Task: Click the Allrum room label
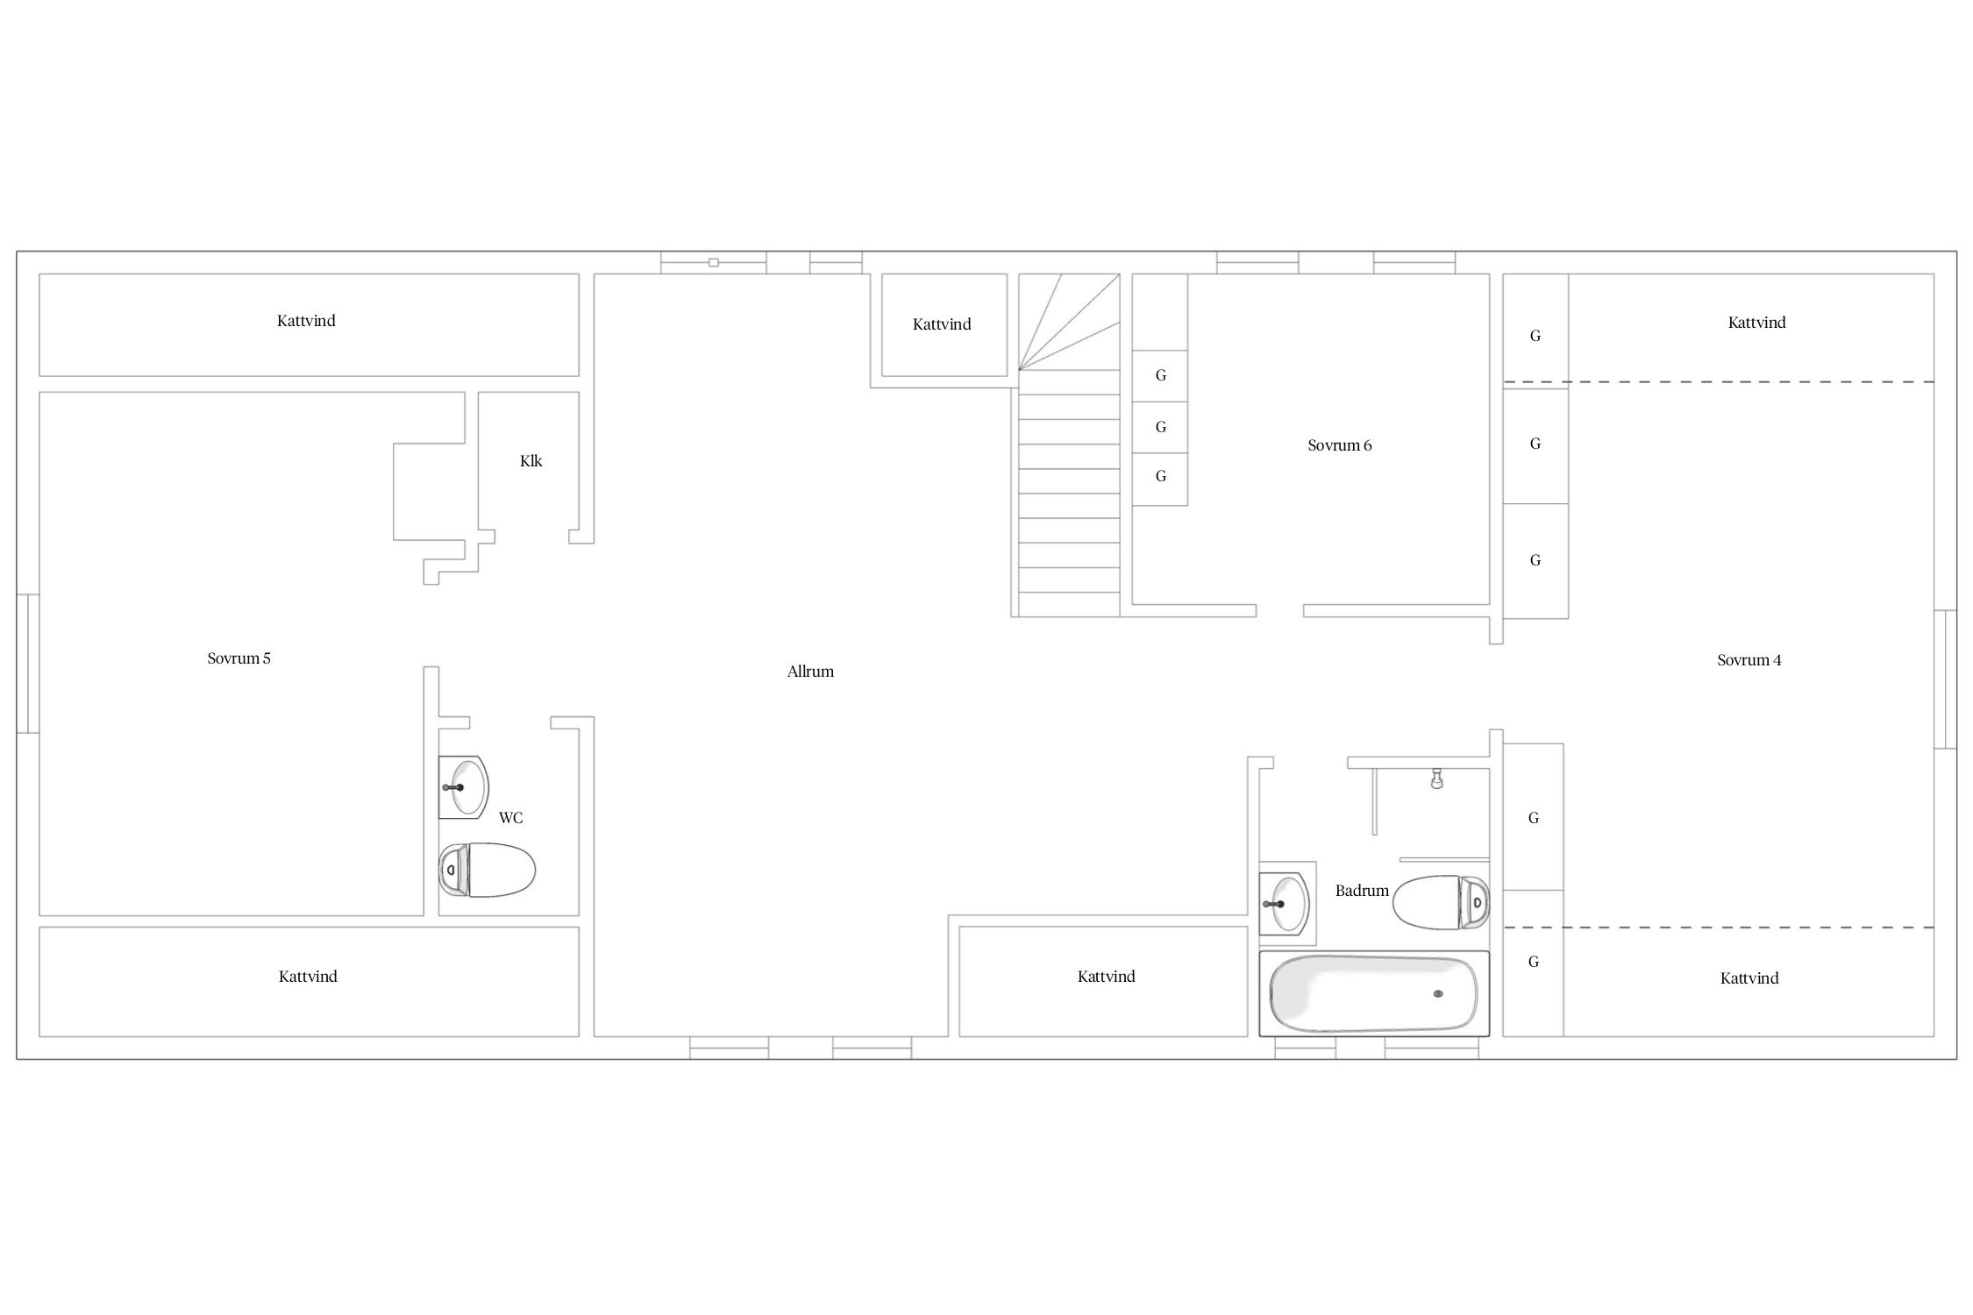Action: pyautogui.click(x=810, y=672)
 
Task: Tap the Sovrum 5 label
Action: pyautogui.click(x=239, y=658)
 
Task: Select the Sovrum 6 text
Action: pyautogui.click(x=1339, y=445)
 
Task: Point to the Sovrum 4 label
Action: pyautogui.click(x=1749, y=660)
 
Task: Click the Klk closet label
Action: pyautogui.click(x=531, y=461)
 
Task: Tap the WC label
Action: pyautogui.click(x=510, y=818)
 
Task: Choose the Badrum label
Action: pyautogui.click(x=1362, y=891)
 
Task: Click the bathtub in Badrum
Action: pyautogui.click(x=1373, y=993)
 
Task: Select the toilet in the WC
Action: pyautogui.click(x=487, y=870)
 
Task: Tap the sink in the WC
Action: pyautogui.click(x=463, y=787)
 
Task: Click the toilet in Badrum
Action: pyautogui.click(x=1441, y=902)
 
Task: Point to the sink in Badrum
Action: pyautogui.click(x=1286, y=903)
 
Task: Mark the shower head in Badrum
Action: pyautogui.click(x=1436, y=778)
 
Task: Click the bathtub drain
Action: pyautogui.click(x=1438, y=993)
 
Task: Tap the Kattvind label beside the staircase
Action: pyautogui.click(x=942, y=324)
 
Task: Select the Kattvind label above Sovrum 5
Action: pyautogui.click(x=306, y=321)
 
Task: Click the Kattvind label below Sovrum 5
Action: pyautogui.click(x=308, y=977)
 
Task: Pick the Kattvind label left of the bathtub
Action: pyautogui.click(x=1106, y=977)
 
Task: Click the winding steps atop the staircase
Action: pyautogui.click(x=1069, y=322)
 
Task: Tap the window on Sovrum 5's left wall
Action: pyautogui.click(x=27, y=663)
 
